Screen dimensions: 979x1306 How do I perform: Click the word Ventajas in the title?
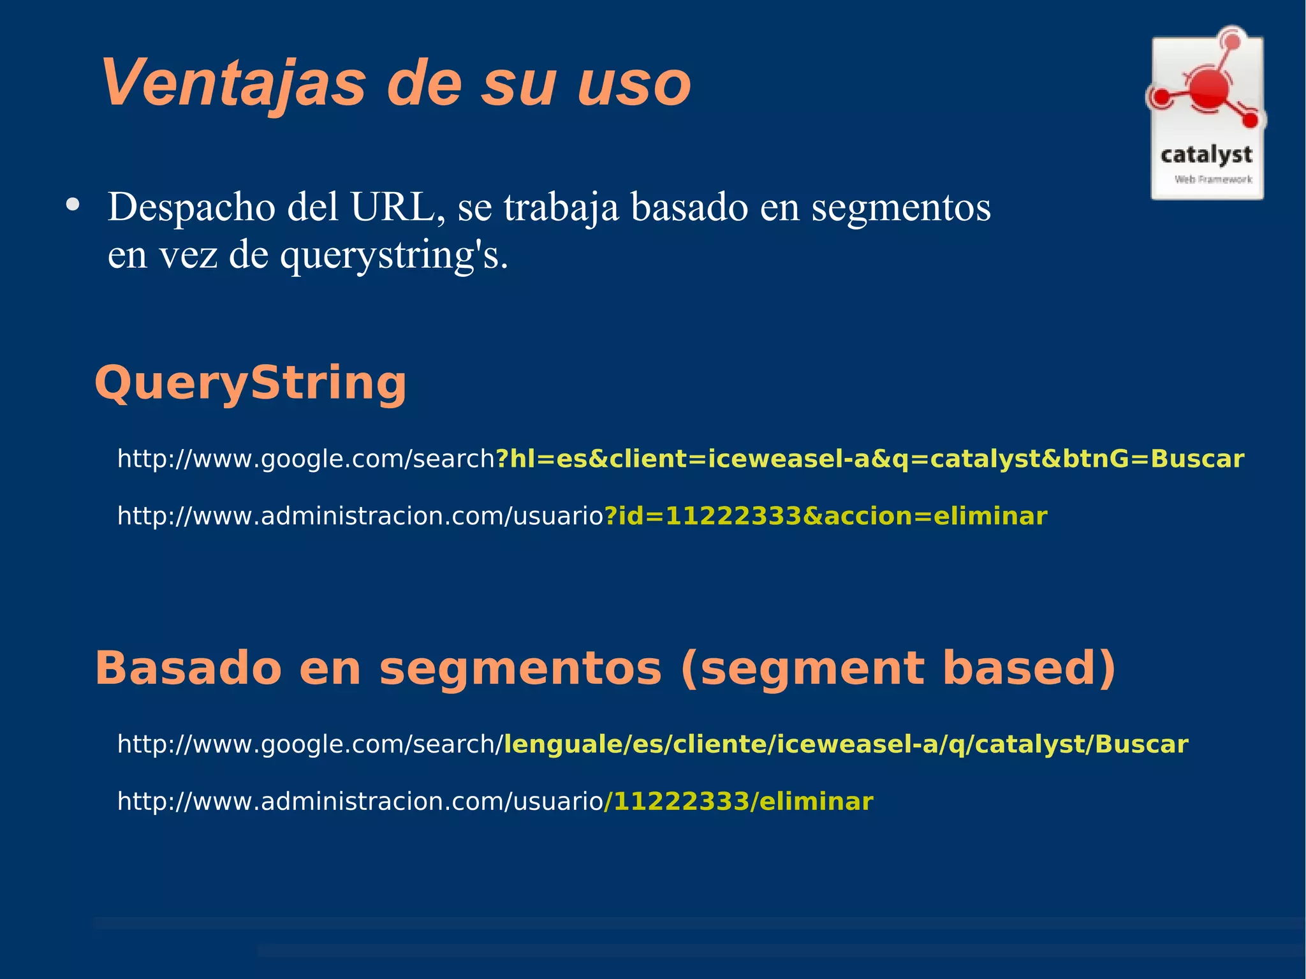pyautogui.click(x=233, y=84)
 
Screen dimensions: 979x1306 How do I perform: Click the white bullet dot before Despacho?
pyautogui.click(x=73, y=205)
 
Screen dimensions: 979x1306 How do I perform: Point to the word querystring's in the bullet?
pyautogui.click(x=393, y=255)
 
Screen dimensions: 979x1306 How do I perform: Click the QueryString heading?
pyautogui.click(x=250, y=383)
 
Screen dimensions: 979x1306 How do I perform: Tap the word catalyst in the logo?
pyautogui.click(x=1206, y=155)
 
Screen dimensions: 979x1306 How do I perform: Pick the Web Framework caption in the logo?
pyautogui.click(x=1213, y=180)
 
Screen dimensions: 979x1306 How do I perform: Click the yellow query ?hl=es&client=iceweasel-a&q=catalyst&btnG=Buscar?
pyautogui.click(x=870, y=459)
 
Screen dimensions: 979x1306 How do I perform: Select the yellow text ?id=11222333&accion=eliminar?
pyautogui.click(x=825, y=515)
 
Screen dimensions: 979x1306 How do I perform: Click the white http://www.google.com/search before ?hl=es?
pyautogui.click(x=306, y=459)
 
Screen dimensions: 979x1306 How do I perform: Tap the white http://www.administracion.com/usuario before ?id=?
pyautogui.click(x=360, y=515)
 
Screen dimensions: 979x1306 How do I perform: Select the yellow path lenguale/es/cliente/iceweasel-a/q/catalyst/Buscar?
pyautogui.click(x=846, y=744)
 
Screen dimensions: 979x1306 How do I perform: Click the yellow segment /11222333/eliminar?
pyautogui.click(x=738, y=801)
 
